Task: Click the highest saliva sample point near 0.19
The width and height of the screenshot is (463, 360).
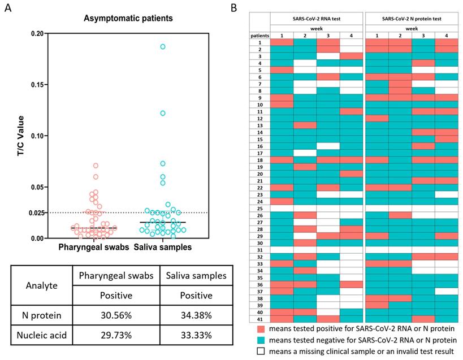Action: point(163,46)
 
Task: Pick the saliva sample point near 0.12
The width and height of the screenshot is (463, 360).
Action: point(163,113)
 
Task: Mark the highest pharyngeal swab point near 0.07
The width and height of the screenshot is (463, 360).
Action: point(96,166)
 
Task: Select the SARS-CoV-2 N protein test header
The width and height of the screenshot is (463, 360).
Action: point(411,20)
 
